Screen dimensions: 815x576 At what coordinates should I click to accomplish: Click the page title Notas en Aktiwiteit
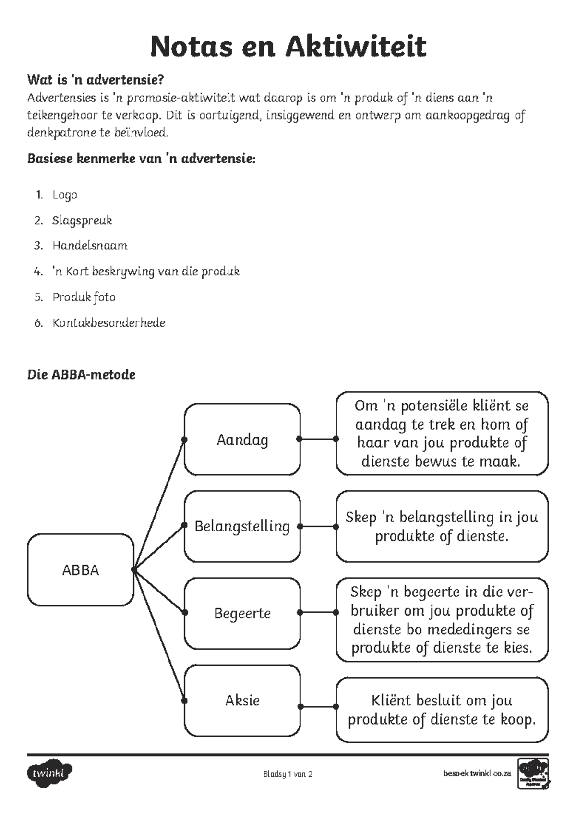point(288,47)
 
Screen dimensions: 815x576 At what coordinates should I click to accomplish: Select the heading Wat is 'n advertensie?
point(96,79)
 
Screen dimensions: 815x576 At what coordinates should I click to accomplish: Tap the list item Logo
point(65,195)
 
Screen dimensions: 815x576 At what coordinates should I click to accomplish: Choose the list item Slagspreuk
point(82,221)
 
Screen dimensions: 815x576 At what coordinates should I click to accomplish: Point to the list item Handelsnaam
point(90,246)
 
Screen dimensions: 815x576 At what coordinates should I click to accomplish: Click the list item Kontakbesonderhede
point(108,323)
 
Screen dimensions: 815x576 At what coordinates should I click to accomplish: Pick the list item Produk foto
point(84,297)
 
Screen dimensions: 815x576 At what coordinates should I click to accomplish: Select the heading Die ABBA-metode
point(81,375)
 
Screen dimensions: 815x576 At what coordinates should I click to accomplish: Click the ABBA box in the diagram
point(80,570)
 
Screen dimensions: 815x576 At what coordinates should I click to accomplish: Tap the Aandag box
point(242,440)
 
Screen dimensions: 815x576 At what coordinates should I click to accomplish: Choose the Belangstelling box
point(242,526)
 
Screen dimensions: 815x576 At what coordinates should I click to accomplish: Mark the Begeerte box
point(242,613)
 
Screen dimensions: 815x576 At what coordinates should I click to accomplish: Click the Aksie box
point(242,701)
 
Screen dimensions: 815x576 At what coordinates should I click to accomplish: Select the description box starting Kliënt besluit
point(442,710)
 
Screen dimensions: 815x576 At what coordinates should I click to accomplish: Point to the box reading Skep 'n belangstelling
point(442,526)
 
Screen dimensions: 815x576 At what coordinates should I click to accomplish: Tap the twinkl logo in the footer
point(50,773)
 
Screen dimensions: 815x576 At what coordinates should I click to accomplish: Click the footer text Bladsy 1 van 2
point(288,774)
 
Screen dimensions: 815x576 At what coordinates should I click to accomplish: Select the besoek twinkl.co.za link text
point(477,774)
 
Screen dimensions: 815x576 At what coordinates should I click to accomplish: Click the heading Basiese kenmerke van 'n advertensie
point(141,159)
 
